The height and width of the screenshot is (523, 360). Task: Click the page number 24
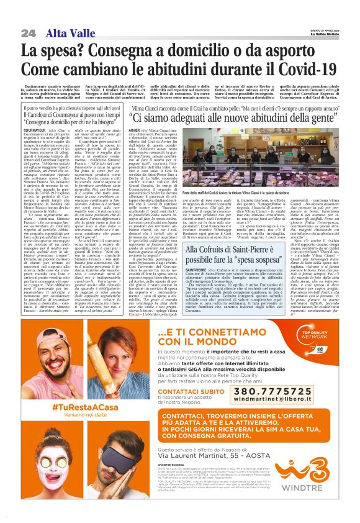[x=27, y=32]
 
